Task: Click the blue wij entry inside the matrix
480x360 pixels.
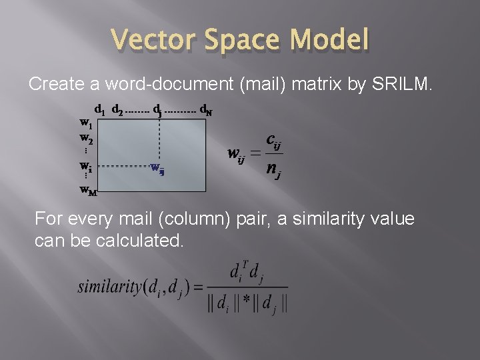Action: click(157, 168)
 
